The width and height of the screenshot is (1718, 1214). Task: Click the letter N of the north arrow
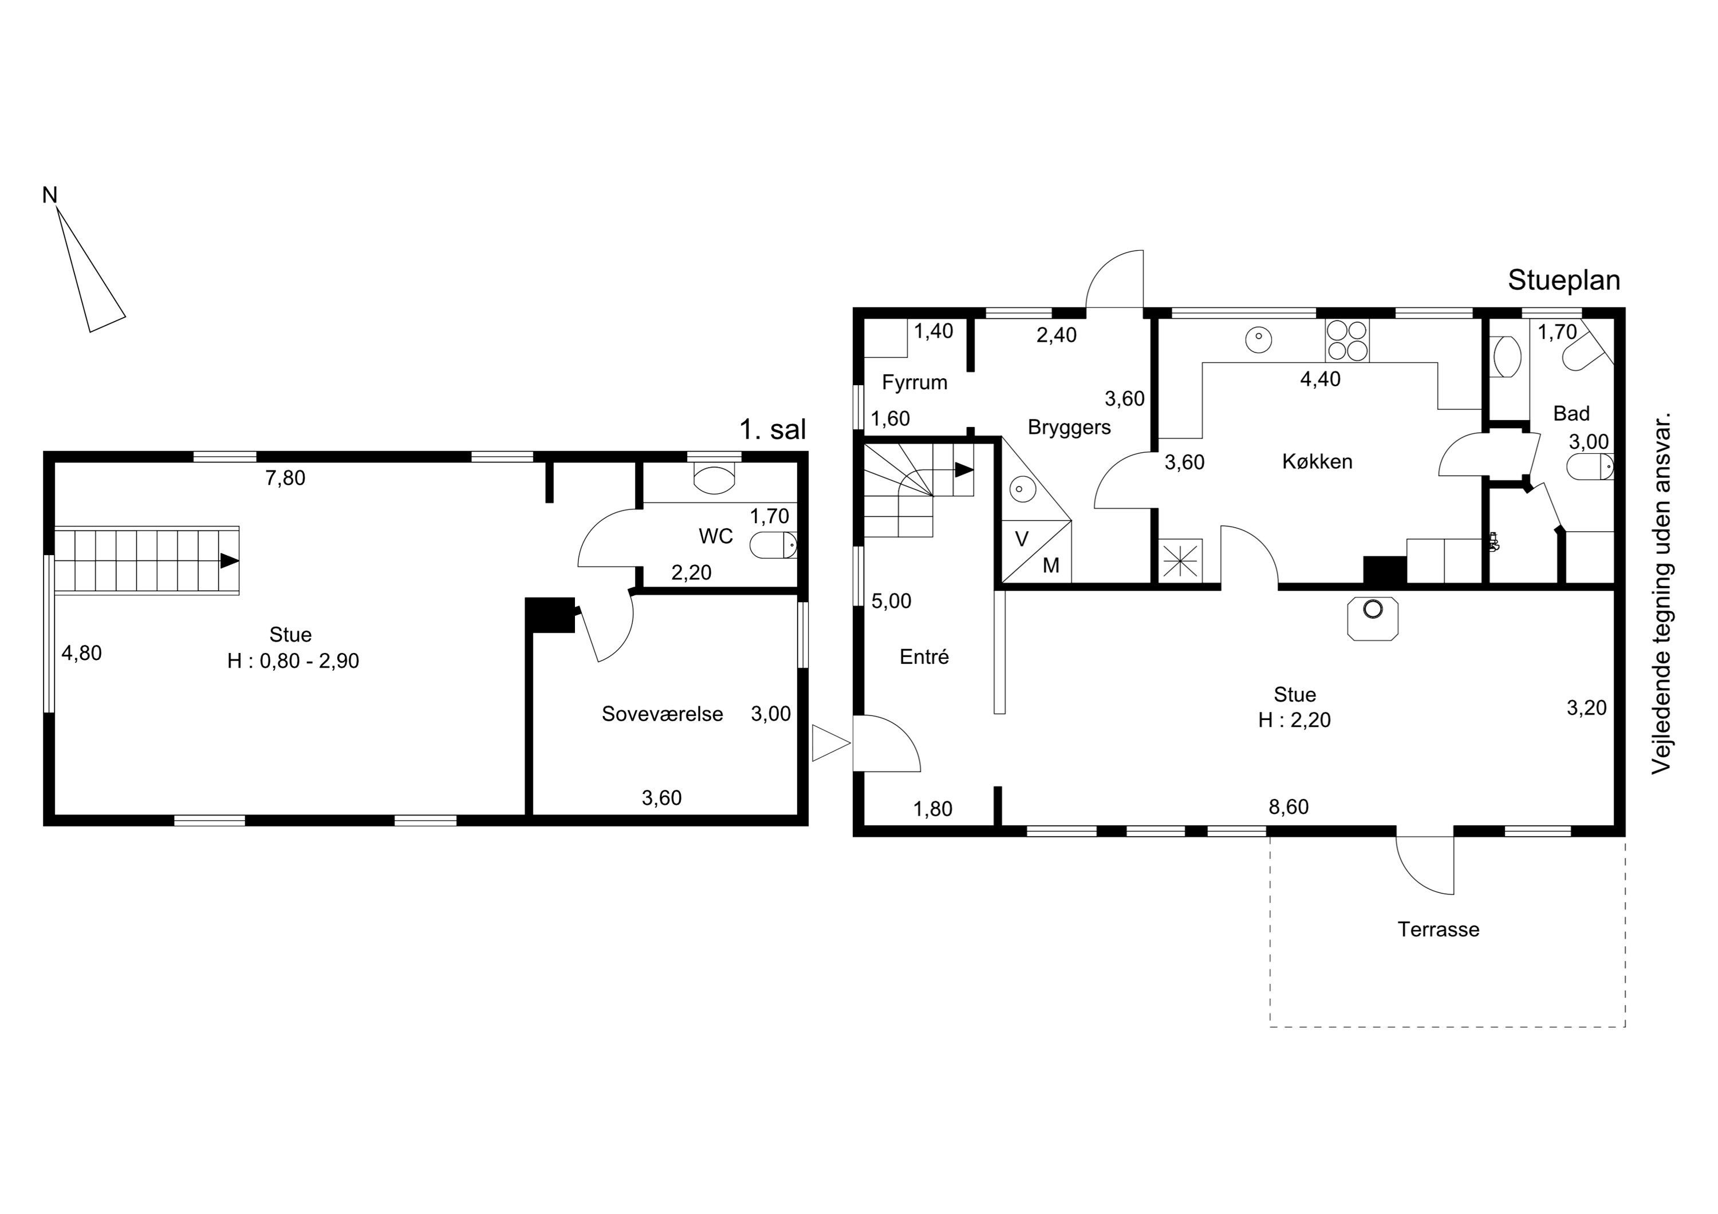49,195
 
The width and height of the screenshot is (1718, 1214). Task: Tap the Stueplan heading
1564,280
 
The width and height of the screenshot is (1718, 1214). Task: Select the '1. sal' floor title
773,429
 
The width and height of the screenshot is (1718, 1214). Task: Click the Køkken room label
1317,461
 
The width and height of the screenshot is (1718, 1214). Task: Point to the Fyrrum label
915,382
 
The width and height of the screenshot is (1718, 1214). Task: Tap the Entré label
924,656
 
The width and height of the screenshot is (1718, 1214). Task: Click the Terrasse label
1438,929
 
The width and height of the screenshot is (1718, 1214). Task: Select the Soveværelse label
662,714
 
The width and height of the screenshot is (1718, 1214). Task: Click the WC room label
715,536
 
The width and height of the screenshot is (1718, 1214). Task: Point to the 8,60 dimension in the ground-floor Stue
1288,806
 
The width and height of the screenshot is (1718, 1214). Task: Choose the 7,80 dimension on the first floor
285,478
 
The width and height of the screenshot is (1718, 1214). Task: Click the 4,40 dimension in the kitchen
1320,379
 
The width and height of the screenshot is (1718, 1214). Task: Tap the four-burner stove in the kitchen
1347,341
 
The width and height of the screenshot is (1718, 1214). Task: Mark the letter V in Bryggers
1022,539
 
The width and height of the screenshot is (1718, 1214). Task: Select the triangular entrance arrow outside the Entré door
830,743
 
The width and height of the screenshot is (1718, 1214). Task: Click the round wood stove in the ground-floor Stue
1372,610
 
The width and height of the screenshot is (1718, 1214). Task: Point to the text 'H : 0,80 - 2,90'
293,661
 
